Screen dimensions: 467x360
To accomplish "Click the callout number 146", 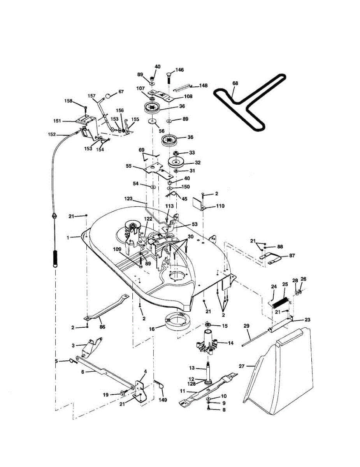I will pos(179,70).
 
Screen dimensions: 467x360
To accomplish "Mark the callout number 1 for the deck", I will pos(68,237).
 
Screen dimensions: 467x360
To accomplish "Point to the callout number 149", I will pos(163,400).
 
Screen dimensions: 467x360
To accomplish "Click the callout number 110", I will pos(220,205).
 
